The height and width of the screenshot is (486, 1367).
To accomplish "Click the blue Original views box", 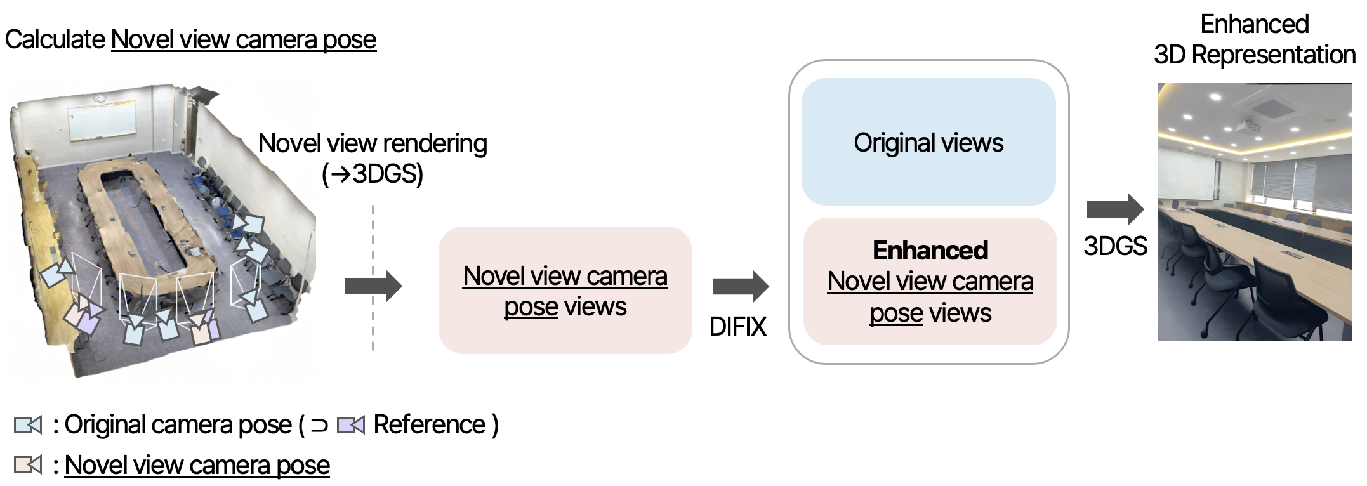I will [x=928, y=141].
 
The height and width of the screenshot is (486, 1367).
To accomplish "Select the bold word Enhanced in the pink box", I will [x=930, y=250].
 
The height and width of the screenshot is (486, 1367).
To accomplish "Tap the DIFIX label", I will [x=737, y=326].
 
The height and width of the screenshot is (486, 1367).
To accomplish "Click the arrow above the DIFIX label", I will [x=740, y=286].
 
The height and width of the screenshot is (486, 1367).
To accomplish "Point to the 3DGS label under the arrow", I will [x=1115, y=246].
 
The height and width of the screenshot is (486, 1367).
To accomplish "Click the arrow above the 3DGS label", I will [x=1115, y=209].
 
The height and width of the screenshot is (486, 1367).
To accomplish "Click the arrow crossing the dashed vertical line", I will [x=373, y=286].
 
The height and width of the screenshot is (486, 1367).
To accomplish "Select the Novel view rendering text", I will [x=373, y=143].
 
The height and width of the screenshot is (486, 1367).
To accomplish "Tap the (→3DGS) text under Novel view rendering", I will [x=373, y=173].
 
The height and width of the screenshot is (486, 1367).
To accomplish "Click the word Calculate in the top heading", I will [x=55, y=39].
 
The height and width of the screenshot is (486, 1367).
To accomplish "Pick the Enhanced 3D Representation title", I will [x=1254, y=39].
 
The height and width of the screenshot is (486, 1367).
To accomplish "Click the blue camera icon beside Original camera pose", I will [x=28, y=424].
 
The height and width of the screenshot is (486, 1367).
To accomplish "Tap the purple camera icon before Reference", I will [x=350, y=424].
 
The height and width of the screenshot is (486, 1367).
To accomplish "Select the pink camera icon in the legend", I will [x=28, y=465].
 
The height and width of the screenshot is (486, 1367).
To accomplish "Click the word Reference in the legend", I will [x=429, y=424].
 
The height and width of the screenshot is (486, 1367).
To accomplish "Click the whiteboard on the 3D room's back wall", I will [x=102, y=122].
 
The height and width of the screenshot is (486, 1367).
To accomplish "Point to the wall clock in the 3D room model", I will [x=100, y=97].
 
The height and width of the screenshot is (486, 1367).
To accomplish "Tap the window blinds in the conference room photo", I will [x=1295, y=178].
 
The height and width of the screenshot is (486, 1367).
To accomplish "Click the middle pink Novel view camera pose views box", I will [x=565, y=291].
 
